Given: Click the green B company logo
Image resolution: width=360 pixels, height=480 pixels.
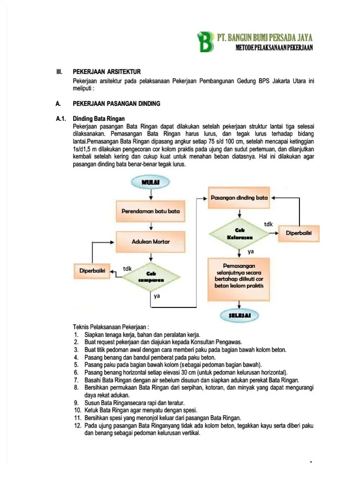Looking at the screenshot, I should pos(206,42).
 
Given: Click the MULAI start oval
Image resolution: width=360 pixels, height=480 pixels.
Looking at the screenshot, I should pos(150,181).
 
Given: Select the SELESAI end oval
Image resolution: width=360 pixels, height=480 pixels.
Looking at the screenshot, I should pos(240,316).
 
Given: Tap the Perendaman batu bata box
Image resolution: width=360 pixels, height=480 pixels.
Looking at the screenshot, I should pos(150,211).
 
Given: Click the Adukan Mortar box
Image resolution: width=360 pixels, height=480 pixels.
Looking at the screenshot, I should pos(150,241).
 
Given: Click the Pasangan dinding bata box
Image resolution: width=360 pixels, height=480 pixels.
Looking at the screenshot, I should pos(239,197).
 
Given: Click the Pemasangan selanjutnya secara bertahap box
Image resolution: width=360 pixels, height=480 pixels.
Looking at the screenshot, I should pos(239,278).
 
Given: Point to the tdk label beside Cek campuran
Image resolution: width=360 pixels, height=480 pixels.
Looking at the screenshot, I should pos(127,268).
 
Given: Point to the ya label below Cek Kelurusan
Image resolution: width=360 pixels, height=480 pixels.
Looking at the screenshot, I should pos(250,251).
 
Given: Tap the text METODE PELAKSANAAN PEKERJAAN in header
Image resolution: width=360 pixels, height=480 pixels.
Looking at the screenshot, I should pos(275,48).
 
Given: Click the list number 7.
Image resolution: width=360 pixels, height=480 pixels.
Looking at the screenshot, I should pos(76,379).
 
